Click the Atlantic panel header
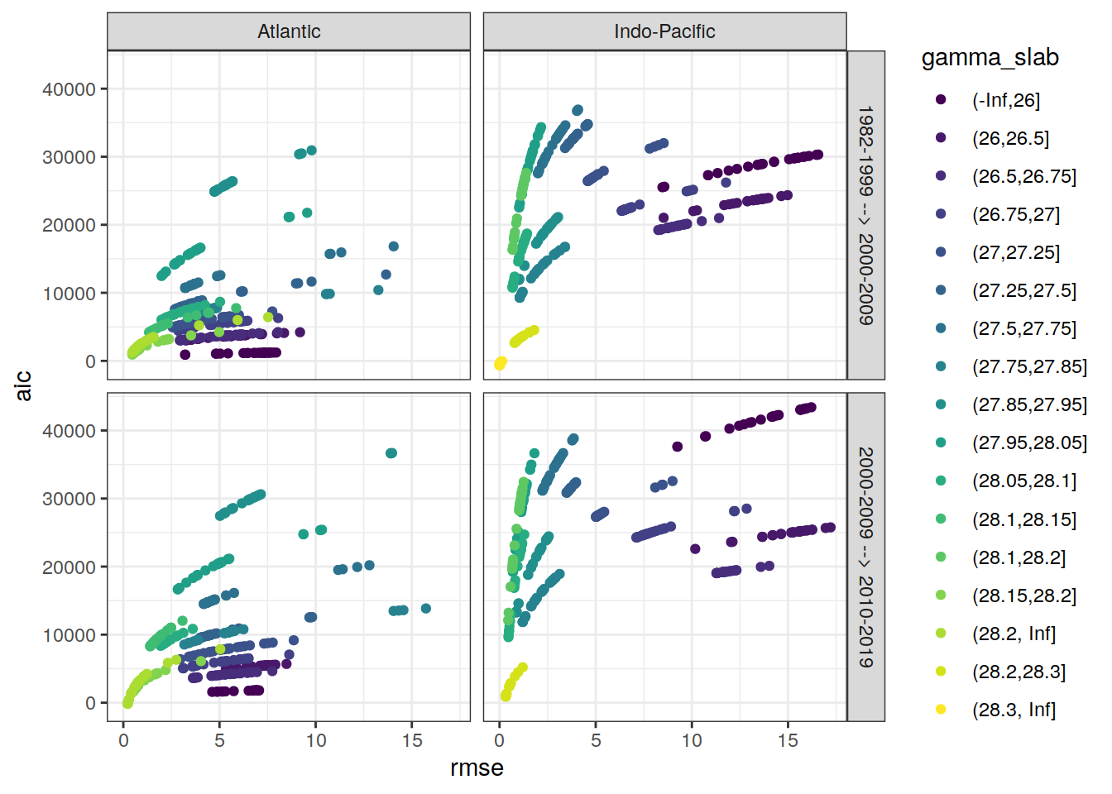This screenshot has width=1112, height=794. (x=289, y=31)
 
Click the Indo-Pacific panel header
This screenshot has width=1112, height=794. (x=664, y=31)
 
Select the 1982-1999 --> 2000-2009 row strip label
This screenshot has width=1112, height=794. (x=865, y=215)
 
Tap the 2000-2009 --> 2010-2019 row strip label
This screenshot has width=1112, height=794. (x=865, y=557)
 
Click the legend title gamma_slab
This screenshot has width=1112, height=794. (x=990, y=57)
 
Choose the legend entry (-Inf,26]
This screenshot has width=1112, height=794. (x=1005, y=100)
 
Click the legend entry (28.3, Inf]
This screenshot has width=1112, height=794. (x=1014, y=710)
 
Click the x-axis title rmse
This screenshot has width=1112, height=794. (x=477, y=768)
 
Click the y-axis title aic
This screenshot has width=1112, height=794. (x=23, y=385)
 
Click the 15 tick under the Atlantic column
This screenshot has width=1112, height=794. (x=411, y=740)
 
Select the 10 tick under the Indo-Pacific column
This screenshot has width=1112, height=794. (x=692, y=740)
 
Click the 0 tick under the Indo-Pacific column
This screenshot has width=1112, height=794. (x=500, y=740)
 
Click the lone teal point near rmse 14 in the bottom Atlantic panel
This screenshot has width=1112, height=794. (x=391, y=453)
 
